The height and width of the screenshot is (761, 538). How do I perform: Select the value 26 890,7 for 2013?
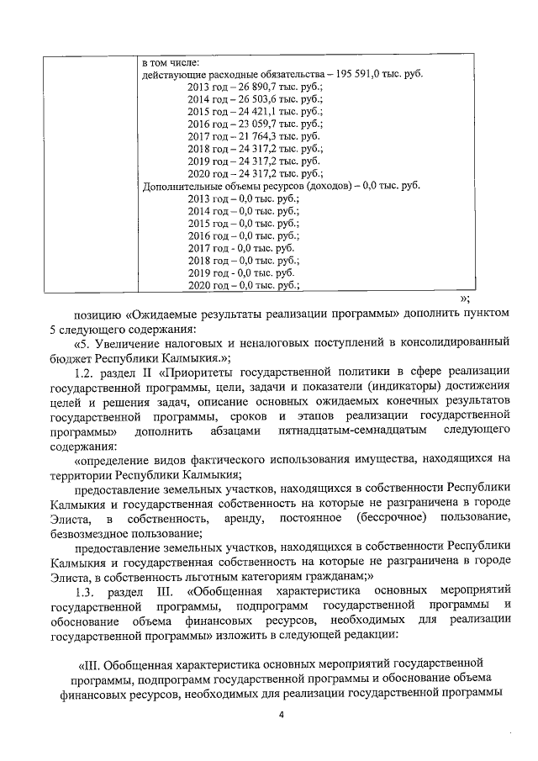[x=252, y=86]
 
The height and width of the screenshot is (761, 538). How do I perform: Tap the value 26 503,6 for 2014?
[x=252, y=98]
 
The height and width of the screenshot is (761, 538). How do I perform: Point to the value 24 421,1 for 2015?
[x=252, y=111]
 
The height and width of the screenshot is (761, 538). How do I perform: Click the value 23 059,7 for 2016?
[x=252, y=124]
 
